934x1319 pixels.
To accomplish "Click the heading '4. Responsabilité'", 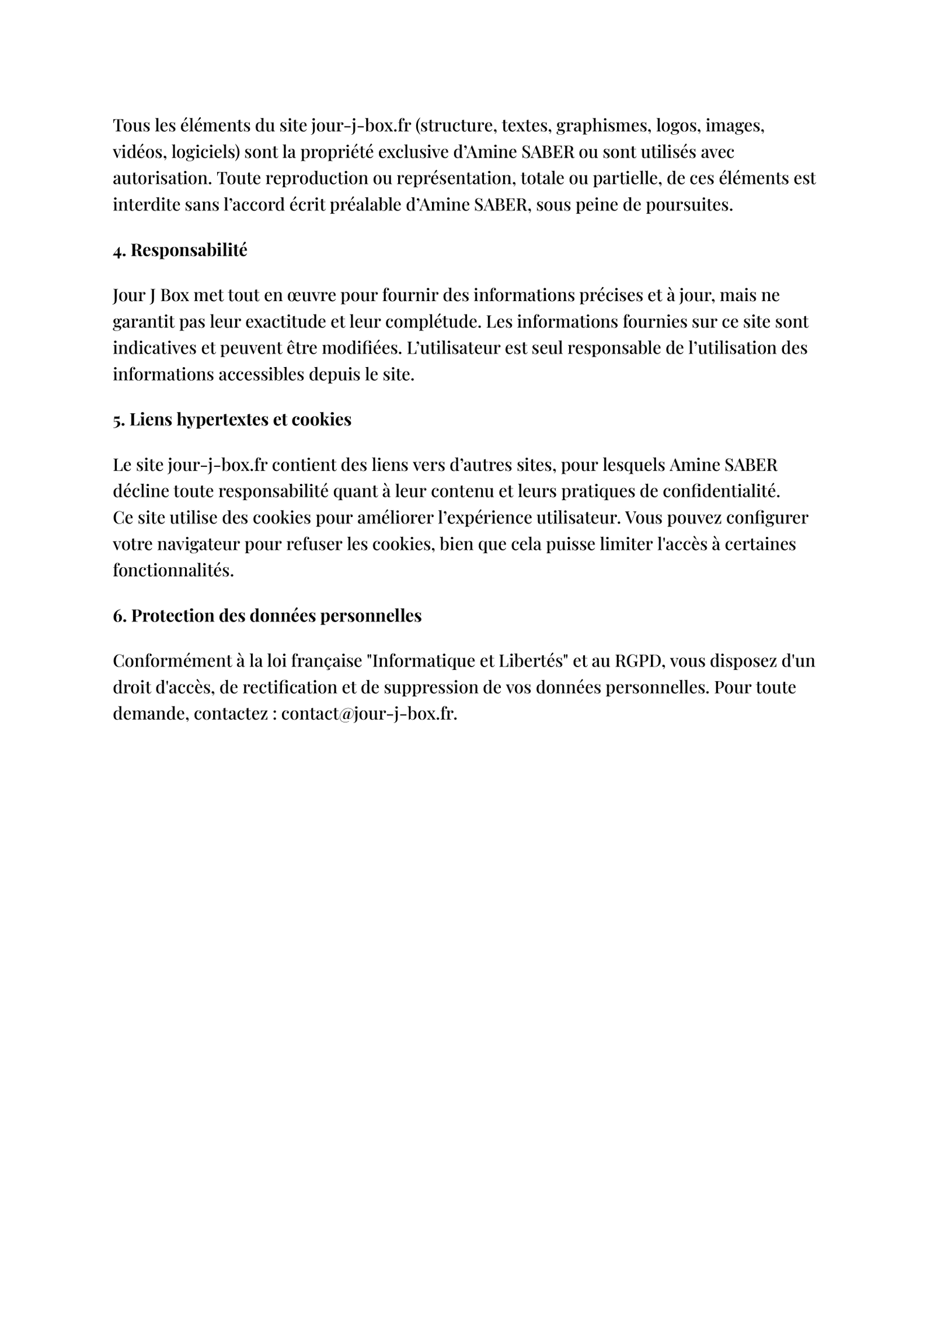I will point(180,250).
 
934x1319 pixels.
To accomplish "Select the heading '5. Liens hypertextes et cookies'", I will point(232,420).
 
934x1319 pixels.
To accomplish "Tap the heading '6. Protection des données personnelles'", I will point(267,616).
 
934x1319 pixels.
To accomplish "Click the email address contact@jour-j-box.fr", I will point(368,714).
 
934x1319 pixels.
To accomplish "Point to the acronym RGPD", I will point(639,661).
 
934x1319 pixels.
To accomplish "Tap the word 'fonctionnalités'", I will point(173,571).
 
